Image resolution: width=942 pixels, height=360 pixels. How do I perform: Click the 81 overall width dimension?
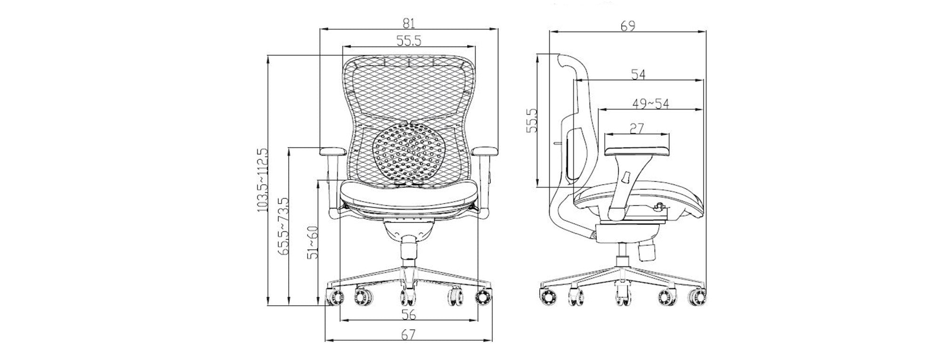click(x=408, y=23)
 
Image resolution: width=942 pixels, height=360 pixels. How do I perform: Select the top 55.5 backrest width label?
click(x=408, y=41)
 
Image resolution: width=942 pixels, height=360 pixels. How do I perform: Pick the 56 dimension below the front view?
click(x=408, y=314)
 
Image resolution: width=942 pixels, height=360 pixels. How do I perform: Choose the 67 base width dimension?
click(x=408, y=335)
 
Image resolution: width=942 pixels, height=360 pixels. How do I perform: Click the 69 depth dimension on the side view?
click(x=627, y=26)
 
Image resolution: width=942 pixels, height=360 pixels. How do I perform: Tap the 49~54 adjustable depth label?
click(x=650, y=104)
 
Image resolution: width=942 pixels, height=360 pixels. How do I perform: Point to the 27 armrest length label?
click(x=636, y=128)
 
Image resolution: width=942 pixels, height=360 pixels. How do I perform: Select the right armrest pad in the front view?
click(x=484, y=152)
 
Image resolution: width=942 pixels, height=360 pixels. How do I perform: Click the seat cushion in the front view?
click(x=408, y=192)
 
